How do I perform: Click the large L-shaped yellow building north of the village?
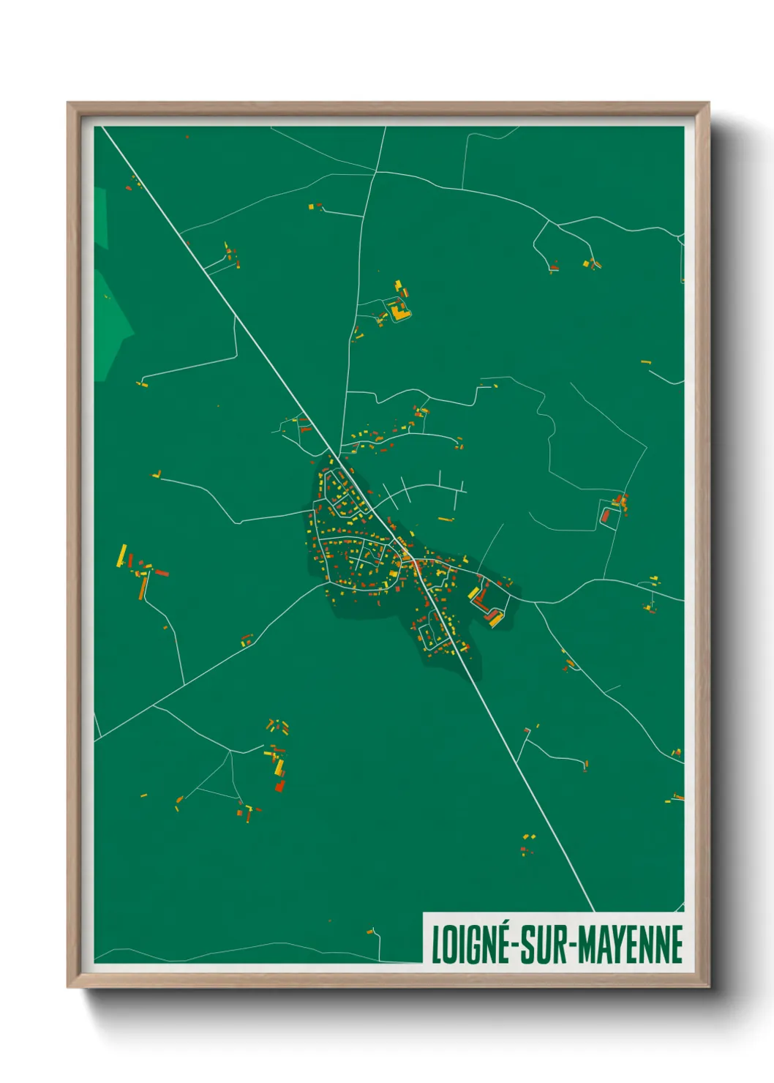click(x=399, y=312)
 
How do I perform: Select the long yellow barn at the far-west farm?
click(x=121, y=555)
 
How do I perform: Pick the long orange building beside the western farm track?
click(x=143, y=586)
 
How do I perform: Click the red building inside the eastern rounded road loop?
click(x=605, y=516)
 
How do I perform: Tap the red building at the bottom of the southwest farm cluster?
click(x=279, y=786)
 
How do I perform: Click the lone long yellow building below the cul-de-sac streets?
click(x=445, y=520)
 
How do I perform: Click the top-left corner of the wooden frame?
click(x=69, y=105)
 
